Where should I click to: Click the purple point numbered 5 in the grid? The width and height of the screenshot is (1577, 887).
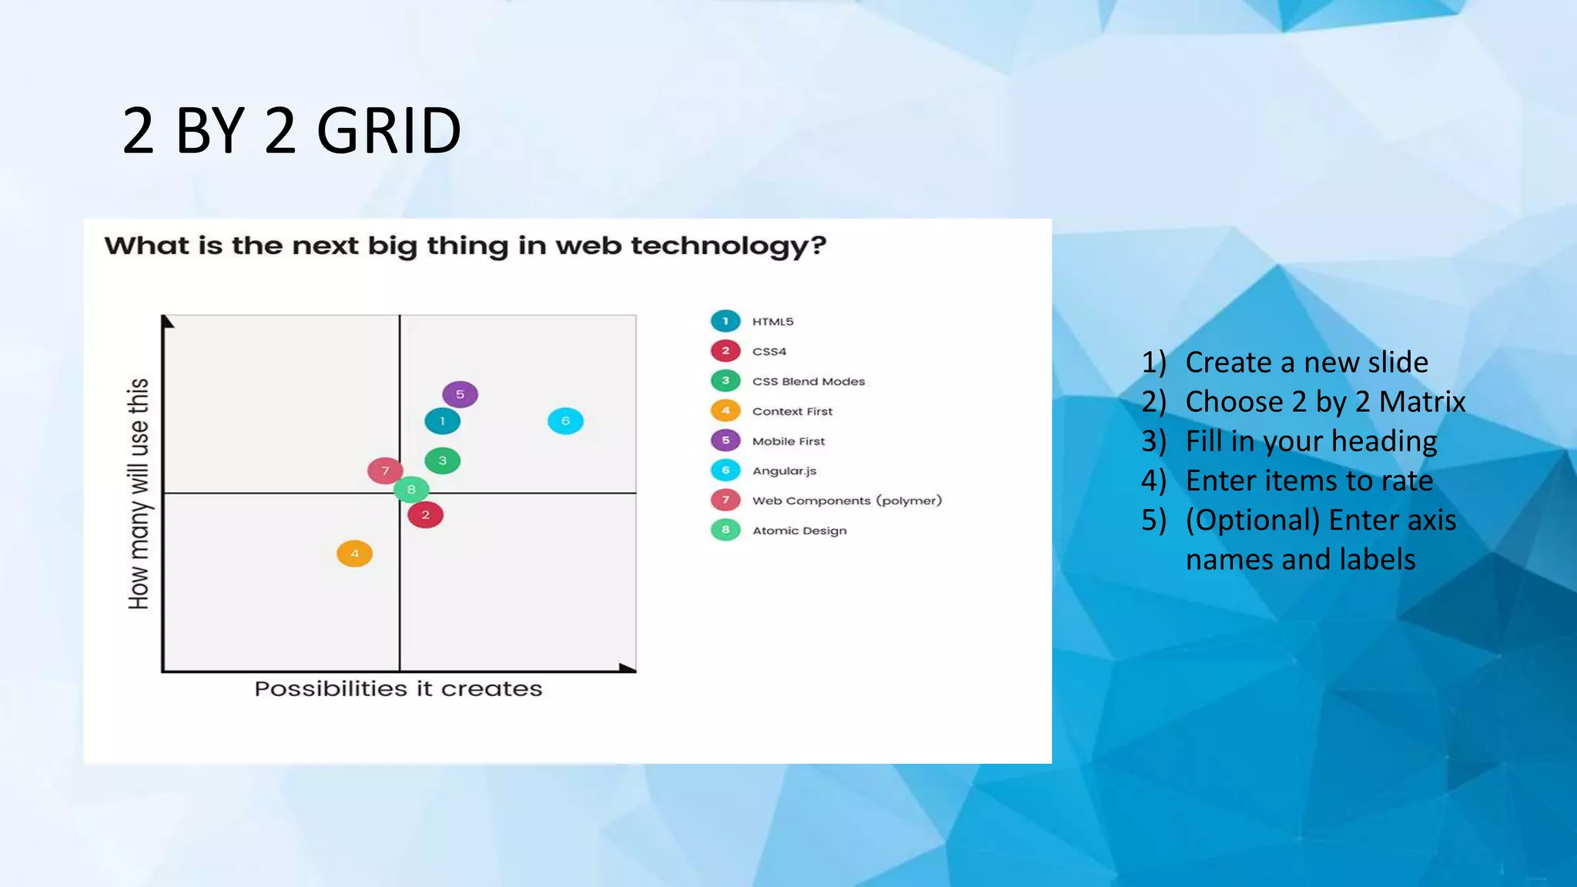[460, 394]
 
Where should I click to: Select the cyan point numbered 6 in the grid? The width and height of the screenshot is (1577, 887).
[565, 420]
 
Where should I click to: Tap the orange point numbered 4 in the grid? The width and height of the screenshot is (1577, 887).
[354, 553]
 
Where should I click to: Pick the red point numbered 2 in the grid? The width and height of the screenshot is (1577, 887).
[425, 514]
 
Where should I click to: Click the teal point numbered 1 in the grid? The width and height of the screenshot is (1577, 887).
[442, 420]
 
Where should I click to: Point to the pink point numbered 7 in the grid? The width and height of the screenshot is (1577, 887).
[384, 470]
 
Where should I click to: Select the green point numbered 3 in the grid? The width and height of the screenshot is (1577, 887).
[442, 460]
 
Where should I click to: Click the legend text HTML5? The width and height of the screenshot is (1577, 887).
[772, 322]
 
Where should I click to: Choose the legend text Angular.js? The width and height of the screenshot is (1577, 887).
[784, 470]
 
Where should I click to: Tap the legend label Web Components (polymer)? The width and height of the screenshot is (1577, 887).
[846, 500]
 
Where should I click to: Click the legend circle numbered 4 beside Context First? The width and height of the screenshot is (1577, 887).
[725, 410]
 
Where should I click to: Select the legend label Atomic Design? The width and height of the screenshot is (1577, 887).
[799, 531]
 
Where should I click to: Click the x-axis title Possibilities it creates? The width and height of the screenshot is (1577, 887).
[398, 688]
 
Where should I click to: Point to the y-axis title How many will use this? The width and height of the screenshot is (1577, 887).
[139, 493]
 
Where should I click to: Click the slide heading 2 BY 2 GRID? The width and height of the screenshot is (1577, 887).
[291, 131]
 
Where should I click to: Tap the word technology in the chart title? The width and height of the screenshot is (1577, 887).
[728, 246]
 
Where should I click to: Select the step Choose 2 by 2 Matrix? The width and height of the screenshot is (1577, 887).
[1324, 402]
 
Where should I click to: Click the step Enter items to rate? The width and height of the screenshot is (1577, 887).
[1308, 480]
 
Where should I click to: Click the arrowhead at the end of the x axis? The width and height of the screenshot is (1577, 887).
[628, 668]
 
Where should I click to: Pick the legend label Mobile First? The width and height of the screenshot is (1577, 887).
[788, 441]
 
